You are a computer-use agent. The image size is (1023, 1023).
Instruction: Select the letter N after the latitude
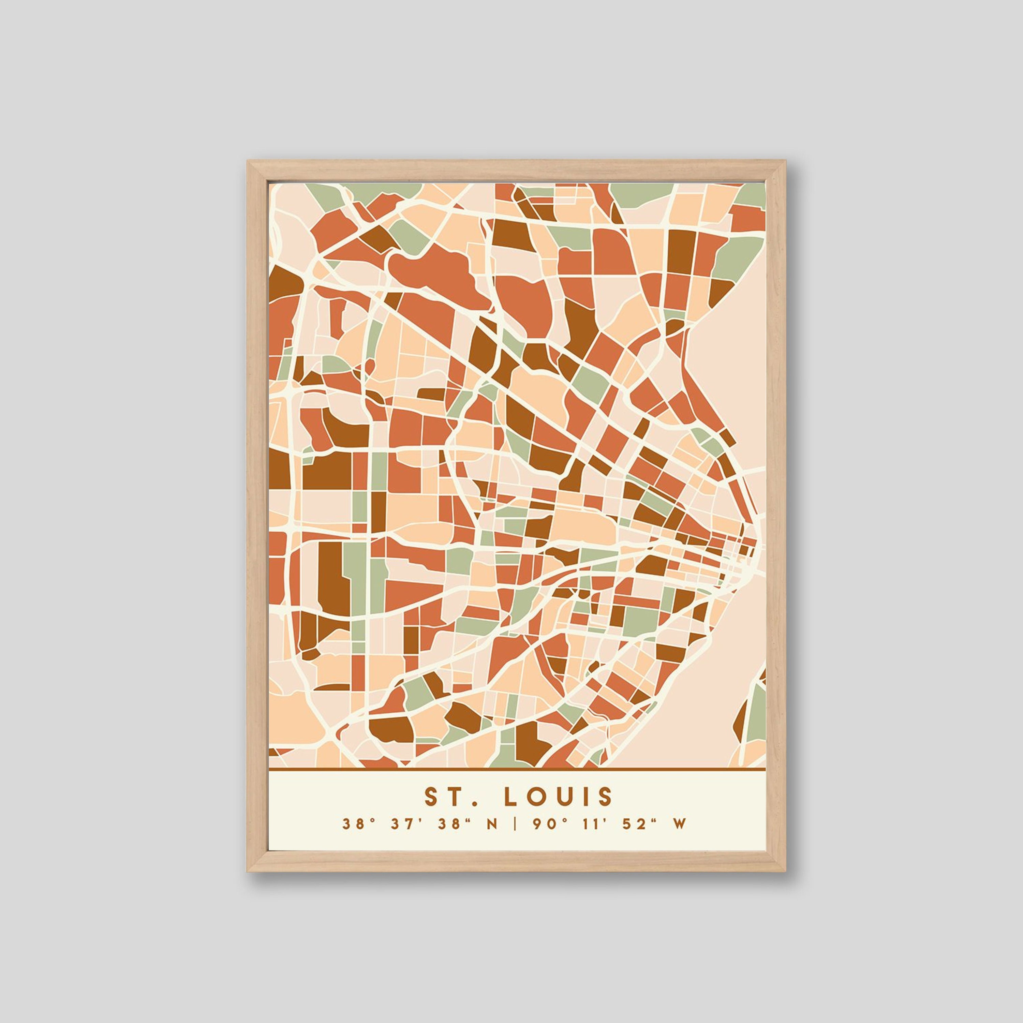pos(492,839)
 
